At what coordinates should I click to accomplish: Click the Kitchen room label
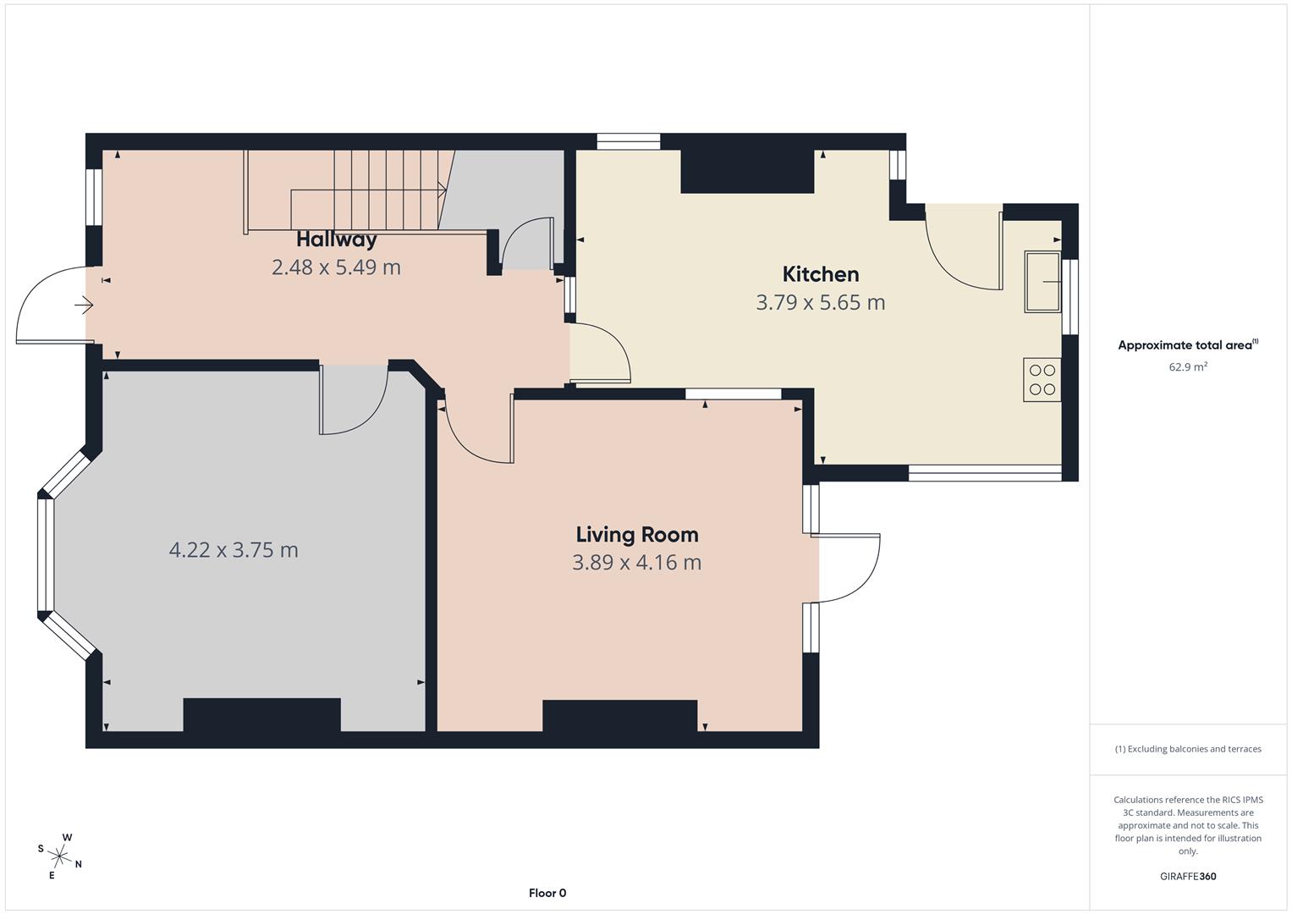[820, 274]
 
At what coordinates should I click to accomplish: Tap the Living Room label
[637, 535]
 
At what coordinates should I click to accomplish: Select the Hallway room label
[336, 240]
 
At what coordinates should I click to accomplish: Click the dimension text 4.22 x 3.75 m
[234, 550]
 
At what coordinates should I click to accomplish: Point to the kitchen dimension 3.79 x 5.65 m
[820, 302]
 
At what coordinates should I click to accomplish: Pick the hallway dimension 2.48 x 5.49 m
[336, 267]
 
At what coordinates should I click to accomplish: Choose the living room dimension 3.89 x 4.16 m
[637, 563]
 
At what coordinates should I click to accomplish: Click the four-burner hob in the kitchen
[1042, 380]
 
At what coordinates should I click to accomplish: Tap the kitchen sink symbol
[1042, 281]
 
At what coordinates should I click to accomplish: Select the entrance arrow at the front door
[84, 305]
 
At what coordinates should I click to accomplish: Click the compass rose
[60, 856]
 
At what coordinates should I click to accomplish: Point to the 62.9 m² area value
[1188, 367]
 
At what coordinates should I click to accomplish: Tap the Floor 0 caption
[547, 893]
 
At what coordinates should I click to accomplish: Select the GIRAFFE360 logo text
[1188, 877]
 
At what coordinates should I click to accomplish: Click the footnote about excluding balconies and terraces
[1188, 749]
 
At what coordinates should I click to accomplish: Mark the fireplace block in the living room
[619, 716]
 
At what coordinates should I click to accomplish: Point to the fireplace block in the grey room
[261, 715]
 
